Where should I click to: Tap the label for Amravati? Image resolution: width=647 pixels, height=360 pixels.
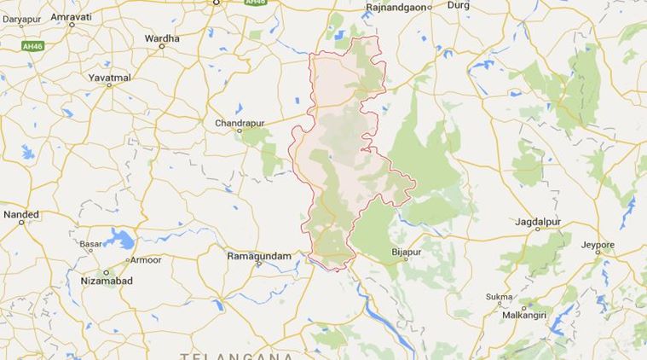point(72,16)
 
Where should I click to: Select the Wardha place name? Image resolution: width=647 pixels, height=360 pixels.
point(162,38)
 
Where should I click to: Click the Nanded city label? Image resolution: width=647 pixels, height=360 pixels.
point(21,214)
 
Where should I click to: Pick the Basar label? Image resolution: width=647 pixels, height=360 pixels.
point(91,244)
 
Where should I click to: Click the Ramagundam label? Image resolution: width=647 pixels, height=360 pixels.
point(258,255)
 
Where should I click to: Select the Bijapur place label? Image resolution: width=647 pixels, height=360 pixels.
point(406,253)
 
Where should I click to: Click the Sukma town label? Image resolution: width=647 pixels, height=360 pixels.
point(499,297)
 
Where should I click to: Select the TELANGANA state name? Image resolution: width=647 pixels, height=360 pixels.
point(237,355)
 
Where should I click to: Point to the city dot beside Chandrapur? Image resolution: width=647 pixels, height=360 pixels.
point(240,132)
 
